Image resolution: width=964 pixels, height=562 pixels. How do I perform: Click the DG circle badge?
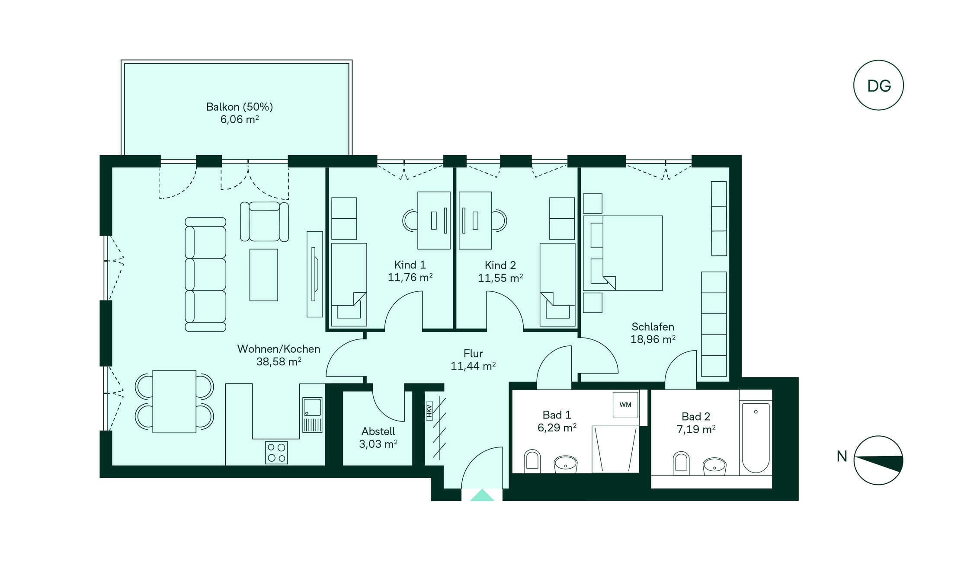click(x=878, y=85)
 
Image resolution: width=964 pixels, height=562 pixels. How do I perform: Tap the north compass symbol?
click(x=878, y=460)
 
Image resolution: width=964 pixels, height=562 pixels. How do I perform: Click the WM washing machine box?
click(x=625, y=405)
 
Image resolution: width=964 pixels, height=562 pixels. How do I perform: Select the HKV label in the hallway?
click(x=429, y=410)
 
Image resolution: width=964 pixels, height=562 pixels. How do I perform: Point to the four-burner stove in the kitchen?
click(x=276, y=452)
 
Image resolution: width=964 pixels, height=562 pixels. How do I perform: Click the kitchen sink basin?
click(x=312, y=407)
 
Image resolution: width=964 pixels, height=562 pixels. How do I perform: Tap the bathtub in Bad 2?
click(x=756, y=437)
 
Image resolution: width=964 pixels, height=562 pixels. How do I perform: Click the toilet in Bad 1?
click(x=532, y=461)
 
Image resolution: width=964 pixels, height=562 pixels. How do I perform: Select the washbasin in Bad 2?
click(x=714, y=466)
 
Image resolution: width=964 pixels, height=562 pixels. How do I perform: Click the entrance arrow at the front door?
click(x=482, y=495)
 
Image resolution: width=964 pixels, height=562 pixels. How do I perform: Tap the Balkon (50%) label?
click(x=240, y=107)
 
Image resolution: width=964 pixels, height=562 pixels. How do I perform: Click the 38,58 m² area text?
click(x=279, y=361)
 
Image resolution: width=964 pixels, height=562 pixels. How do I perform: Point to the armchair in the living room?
click(x=264, y=221)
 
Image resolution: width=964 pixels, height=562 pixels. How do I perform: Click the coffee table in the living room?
click(x=263, y=275)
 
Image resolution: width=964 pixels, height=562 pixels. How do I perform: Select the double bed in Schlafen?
click(x=623, y=253)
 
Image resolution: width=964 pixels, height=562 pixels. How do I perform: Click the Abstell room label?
click(x=378, y=431)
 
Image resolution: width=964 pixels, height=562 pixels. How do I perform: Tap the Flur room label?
click(x=473, y=353)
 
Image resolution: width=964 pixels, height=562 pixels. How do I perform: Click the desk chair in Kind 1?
click(x=410, y=220)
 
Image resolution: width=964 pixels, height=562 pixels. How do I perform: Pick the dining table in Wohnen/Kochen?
click(x=174, y=401)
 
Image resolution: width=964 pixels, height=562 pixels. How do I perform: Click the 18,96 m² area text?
click(x=653, y=339)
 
